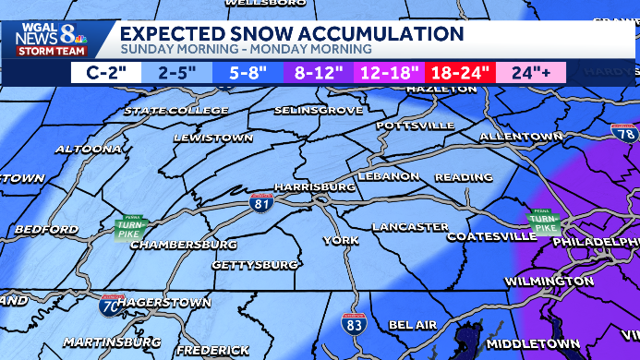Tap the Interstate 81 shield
coord(262,202)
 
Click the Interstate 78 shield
coord(627,133)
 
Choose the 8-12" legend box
coord(318,72)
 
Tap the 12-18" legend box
coord(389,72)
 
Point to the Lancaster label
coord(410,226)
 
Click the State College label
coord(176,111)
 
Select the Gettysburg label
coord(255,265)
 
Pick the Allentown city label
coord(521,137)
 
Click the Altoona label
coord(88,149)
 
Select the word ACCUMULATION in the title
coord(379,34)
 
